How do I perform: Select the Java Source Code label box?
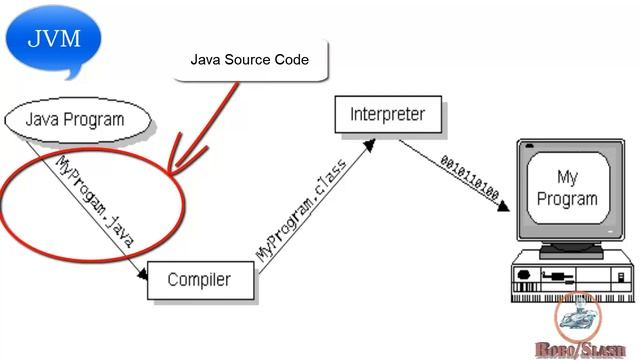(x=249, y=60)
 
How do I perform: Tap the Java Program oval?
(x=79, y=119)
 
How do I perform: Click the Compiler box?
(x=198, y=279)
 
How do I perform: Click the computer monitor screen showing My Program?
(x=566, y=188)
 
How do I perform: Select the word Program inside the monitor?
(x=566, y=198)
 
